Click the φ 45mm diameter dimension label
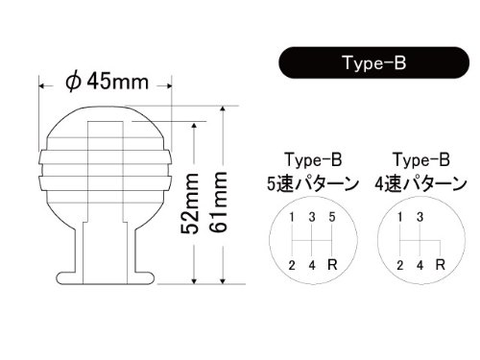click(108, 83)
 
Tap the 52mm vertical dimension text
click(190, 204)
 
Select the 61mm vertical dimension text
click(219, 203)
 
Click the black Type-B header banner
click(374, 62)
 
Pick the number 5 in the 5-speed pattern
click(332, 217)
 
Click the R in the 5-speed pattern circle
click(332, 265)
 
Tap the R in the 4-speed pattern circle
click(441, 265)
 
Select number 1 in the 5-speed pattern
click(292, 217)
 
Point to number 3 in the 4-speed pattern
click(420, 217)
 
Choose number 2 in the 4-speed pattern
click(399, 265)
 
